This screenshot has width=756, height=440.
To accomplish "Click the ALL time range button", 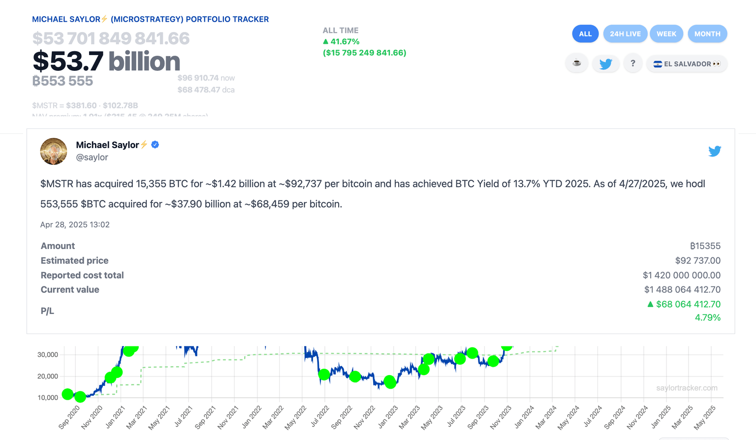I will (585, 34).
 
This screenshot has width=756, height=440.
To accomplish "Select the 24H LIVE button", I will (625, 34).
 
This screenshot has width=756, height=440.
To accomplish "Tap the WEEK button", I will (666, 34).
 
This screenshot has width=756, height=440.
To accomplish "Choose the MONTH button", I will (707, 34).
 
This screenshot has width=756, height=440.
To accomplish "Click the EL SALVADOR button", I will (687, 64).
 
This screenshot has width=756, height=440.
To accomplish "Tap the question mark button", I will (633, 63).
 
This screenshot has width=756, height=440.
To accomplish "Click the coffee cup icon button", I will (577, 63).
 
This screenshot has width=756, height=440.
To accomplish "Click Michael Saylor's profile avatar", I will (54, 151).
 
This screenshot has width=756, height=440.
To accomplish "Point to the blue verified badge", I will (155, 145).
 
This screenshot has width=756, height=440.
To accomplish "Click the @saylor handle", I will (92, 157).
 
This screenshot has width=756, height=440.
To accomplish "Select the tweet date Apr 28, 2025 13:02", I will (75, 225).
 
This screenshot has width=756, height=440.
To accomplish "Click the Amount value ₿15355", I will (705, 246).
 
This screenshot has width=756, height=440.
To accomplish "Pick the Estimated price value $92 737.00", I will (697, 261).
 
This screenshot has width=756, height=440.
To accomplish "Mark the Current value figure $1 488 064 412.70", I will (682, 290).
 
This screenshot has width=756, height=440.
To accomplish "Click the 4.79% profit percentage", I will (707, 318).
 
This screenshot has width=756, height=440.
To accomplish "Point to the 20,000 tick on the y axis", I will (48, 377).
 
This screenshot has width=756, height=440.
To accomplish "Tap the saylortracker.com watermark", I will (687, 388).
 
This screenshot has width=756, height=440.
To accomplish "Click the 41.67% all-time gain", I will (345, 42).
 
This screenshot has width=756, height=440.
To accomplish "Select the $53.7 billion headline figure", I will (106, 62).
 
